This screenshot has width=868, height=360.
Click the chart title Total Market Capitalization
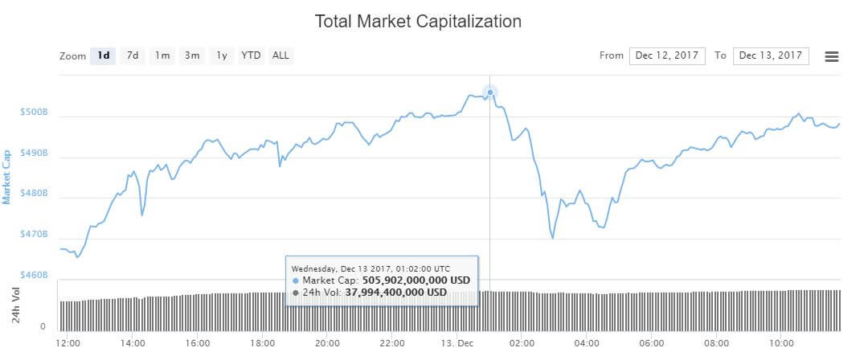(x=418, y=22)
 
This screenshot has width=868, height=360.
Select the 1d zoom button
(x=103, y=55)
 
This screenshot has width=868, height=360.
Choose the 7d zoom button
(x=133, y=55)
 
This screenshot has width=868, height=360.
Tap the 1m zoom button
(x=162, y=55)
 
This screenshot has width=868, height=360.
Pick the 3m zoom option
(x=192, y=55)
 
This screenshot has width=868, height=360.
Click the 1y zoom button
(x=221, y=55)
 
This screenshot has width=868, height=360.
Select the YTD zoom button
(x=251, y=55)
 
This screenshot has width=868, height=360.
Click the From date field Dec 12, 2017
(x=667, y=55)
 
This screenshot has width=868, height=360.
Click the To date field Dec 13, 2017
(x=771, y=55)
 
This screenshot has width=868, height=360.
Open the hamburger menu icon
(x=832, y=56)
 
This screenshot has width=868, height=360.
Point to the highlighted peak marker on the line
(x=490, y=92)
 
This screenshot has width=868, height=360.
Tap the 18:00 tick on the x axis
(x=262, y=343)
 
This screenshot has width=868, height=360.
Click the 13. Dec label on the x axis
(x=458, y=343)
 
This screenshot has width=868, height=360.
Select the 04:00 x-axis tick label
(x=588, y=343)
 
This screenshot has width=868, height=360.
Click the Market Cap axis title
(x=8, y=176)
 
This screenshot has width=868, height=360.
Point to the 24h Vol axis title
(x=15, y=305)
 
